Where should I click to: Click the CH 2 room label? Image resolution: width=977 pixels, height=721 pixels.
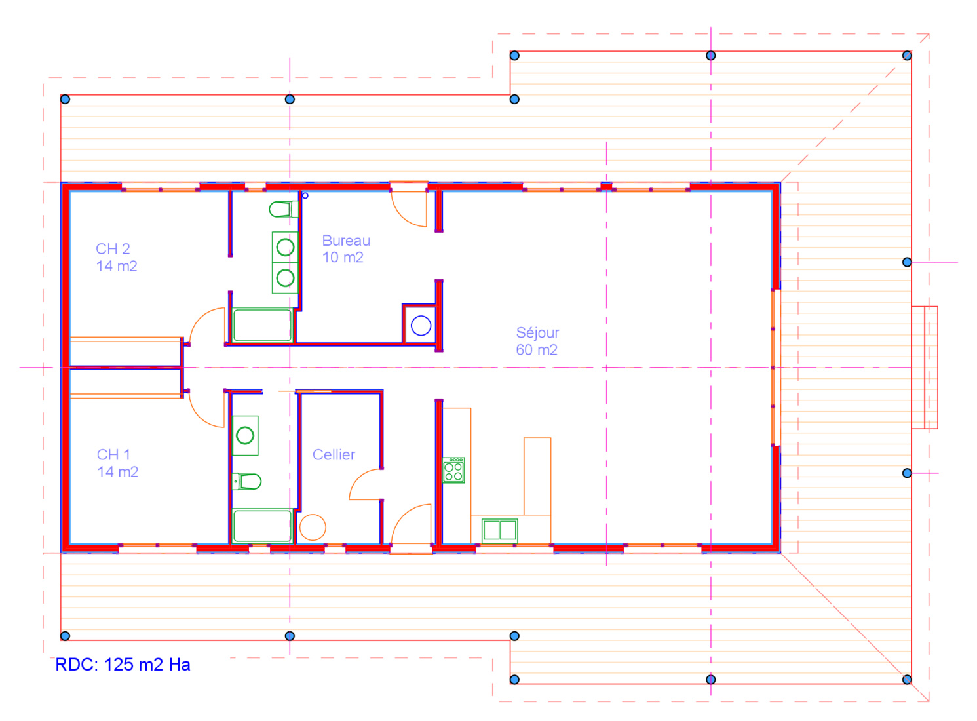(113, 248)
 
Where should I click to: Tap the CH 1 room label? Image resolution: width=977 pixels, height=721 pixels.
(113, 454)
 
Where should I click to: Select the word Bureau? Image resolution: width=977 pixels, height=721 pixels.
(346, 241)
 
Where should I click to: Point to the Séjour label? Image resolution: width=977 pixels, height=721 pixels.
(537, 333)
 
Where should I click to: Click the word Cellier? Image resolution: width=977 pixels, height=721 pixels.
(334, 454)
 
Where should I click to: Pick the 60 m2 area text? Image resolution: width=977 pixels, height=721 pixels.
(537, 350)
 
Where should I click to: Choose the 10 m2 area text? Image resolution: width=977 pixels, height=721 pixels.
(343, 258)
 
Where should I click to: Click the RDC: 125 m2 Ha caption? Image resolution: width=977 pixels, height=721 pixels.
(123, 665)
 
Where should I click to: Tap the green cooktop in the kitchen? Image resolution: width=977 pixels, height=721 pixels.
(453, 470)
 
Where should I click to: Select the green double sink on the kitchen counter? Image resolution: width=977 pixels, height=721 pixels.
(499, 531)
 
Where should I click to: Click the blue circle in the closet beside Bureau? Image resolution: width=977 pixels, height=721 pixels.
(421, 326)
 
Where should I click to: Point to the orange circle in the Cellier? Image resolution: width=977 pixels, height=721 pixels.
(313, 527)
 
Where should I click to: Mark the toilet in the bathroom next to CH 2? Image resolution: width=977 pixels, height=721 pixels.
(284, 209)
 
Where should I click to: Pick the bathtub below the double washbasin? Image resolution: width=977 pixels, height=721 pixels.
(262, 325)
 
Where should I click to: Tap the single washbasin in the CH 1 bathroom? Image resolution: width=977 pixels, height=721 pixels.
(245, 435)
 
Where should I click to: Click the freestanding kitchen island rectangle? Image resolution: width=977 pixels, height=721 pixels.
(537, 476)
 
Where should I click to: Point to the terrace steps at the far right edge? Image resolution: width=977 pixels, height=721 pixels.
(925, 368)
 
